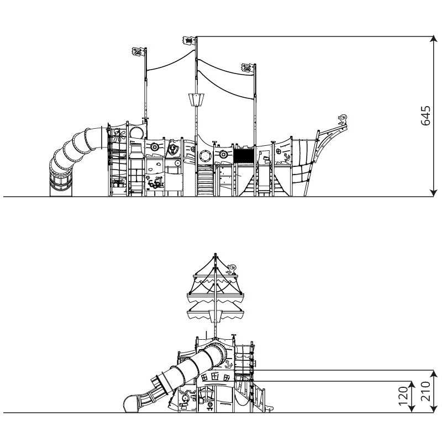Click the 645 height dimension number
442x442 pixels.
pos(425,115)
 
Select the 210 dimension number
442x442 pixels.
pos(425,391)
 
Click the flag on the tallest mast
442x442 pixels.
pos(189,40)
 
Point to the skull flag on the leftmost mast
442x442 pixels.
pos(138,52)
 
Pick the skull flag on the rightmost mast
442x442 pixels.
pos(248,68)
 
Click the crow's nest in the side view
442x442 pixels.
pos(196,100)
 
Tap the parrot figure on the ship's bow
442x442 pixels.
pos(343,119)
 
